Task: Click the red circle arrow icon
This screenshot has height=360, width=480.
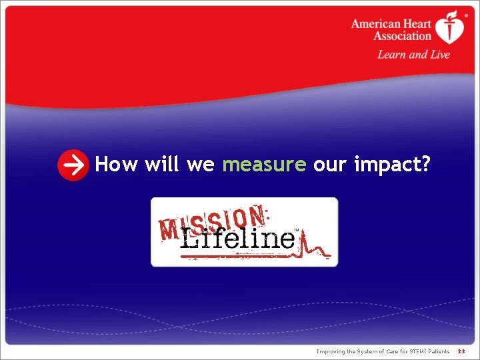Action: (73, 165)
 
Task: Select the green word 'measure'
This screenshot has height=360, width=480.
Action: (264, 164)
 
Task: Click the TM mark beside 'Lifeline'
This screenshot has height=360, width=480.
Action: (297, 230)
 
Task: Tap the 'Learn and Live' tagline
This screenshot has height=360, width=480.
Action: (413, 55)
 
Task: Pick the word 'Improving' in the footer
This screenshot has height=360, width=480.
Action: (331, 351)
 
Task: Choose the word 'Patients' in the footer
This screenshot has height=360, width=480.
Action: (437, 351)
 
